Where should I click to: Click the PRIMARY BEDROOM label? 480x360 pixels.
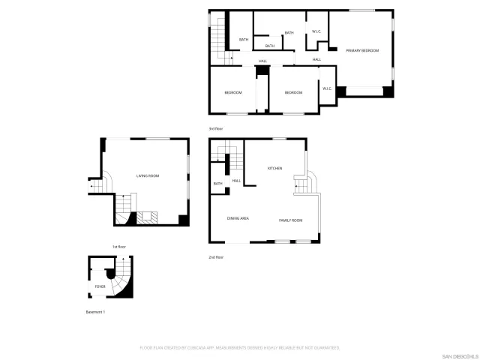point(362,51)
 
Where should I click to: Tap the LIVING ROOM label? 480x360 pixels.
point(148,175)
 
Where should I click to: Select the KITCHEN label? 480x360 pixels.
point(274,168)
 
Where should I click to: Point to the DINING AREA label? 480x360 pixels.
point(238,219)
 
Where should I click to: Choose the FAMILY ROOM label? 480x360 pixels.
point(290,220)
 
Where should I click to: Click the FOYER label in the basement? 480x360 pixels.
point(100,286)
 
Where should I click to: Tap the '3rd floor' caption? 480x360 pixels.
point(216,129)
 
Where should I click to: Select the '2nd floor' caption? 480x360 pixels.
point(216,257)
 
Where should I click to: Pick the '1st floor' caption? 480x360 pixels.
point(118,247)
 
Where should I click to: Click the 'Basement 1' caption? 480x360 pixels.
point(95,312)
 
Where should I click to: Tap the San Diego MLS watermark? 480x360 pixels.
point(457,355)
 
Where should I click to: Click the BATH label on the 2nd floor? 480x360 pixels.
point(218,184)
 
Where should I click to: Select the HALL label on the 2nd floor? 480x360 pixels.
point(236,181)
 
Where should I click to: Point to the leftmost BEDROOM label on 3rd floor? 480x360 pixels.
point(233,92)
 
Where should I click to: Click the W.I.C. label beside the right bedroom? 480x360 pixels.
point(327,88)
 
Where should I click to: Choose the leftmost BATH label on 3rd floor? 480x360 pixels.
point(244,40)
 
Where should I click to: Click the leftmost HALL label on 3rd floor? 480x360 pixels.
point(263,61)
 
